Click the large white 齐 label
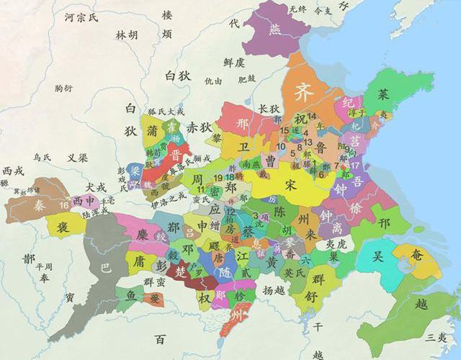[303, 93]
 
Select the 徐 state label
[356, 207]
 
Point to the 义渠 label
[78, 157]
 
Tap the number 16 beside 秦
[65, 204]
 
